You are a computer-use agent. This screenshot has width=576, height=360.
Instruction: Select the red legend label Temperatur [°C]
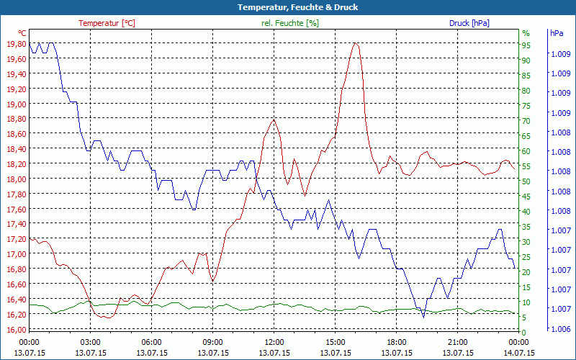click(x=107, y=23)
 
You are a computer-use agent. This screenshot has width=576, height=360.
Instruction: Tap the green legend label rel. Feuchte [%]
click(x=290, y=23)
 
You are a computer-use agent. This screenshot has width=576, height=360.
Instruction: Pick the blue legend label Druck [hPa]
click(x=469, y=23)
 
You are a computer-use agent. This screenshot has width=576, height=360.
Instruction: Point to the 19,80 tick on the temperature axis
click(x=16, y=44)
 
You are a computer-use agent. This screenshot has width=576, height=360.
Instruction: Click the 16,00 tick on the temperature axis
click(x=16, y=330)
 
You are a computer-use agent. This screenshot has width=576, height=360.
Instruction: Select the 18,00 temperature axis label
click(x=16, y=179)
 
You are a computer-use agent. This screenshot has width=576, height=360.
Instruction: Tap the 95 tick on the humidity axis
click(x=526, y=45)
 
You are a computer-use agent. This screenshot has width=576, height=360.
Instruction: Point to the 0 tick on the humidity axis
click(x=524, y=332)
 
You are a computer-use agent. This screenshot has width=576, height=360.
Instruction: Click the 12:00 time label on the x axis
click(x=274, y=342)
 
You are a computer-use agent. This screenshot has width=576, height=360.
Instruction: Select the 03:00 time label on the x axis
click(x=90, y=342)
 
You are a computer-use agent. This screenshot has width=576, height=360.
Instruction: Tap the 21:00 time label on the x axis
click(x=458, y=342)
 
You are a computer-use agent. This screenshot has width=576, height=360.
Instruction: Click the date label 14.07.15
click(x=519, y=353)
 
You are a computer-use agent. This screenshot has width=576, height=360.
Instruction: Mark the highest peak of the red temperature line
click(x=355, y=43)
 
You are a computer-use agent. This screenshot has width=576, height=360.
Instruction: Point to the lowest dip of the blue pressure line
click(x=423, y=316)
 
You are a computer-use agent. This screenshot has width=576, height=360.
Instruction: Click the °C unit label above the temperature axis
click(x=22, y=33)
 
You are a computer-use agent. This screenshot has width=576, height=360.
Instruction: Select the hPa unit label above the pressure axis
click(x=557, y=33)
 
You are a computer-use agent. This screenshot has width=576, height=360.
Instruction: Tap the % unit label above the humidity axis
click(x=526, y=33)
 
